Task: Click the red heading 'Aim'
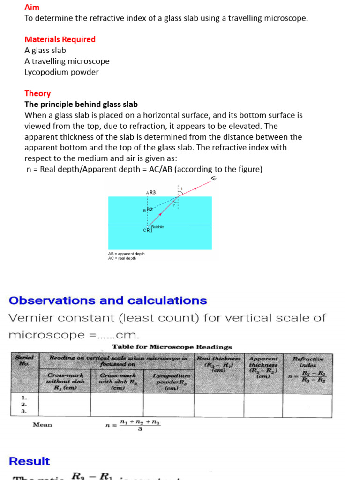(x=32, y=7)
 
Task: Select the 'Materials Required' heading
(x=60, y=39)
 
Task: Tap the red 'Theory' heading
(x=37, y=93)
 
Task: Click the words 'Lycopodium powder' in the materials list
(x=61, y=72)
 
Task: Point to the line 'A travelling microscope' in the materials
(x=67, y=61)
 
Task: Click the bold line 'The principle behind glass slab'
(x=81, y=104)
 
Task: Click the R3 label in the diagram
(x=152, y=193)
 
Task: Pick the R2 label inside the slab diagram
(x=150, y=210)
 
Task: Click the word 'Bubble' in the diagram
(x=157, y=227)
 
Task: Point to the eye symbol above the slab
(x=214, y=179)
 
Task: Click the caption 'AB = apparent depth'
(x=127, y=254)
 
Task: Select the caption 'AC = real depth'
(x=122, y=258)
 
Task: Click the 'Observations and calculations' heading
(x=108, y=300)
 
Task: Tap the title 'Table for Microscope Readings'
(x=172, y=347)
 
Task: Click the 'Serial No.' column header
(x=24, y=360)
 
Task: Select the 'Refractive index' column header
(x=307, y=362)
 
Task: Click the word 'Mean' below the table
(x=43, y=425)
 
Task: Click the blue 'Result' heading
(x=29, y=461)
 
